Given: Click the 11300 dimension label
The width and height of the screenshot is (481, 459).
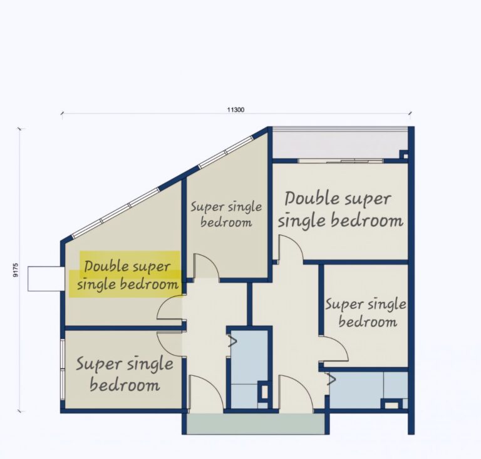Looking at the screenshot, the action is pyautogui.click(x=235, y=109).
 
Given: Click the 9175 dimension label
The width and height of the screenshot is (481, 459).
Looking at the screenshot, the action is pyautogui.click(x=16, y=270).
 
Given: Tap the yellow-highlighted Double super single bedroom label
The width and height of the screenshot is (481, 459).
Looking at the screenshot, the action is pyautogui.click(x=127, y=275).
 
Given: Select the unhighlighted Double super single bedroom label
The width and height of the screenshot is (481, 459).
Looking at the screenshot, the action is pyautogui.click(x=340, y=209).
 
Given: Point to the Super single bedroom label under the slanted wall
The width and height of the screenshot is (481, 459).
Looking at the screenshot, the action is pyautogui.click(x=226, y=214).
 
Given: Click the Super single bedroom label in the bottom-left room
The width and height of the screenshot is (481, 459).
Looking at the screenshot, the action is pyautogui.click(x=125, y=374).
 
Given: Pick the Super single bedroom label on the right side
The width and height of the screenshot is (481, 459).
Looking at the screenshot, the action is pyautogui.click(x=366, y=313).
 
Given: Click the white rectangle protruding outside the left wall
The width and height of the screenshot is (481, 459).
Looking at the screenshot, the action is pyautogui.click(x=46, y=279).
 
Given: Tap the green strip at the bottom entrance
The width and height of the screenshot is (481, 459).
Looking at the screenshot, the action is pyautogui.click(x=256, y=424).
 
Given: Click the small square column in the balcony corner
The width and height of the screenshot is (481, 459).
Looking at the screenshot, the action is pyautogui.click(x=405, y=155).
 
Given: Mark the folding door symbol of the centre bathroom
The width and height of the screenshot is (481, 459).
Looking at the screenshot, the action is pyautogui.click(x=232, y=341).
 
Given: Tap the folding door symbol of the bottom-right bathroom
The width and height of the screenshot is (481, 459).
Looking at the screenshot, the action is pyautogui.click(x=331, y=380).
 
